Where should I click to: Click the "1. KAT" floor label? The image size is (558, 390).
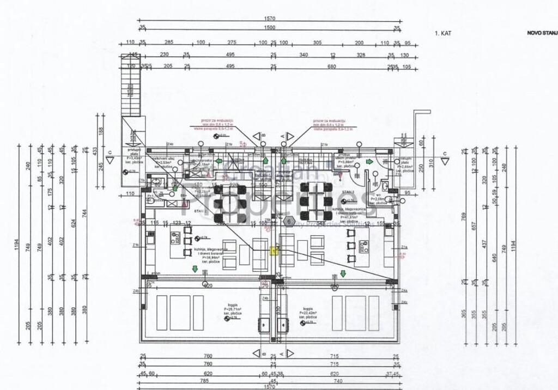click(x=443, y=33)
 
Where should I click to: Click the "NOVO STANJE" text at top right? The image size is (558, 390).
click(x=542, y=33)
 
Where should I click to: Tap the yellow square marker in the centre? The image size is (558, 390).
click(x=274, y=250)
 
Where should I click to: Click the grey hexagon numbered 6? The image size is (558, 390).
click(x=289, y=221)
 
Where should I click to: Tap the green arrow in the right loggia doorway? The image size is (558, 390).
click(x=343, y=273)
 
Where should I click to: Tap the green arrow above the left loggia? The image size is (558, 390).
click(x=195, y=269)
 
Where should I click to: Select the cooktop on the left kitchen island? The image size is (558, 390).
click(x=176, y=238)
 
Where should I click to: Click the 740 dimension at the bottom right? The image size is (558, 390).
click(x=338, y=381)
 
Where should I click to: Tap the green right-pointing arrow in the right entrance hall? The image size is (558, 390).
click(x=369, y=162)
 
